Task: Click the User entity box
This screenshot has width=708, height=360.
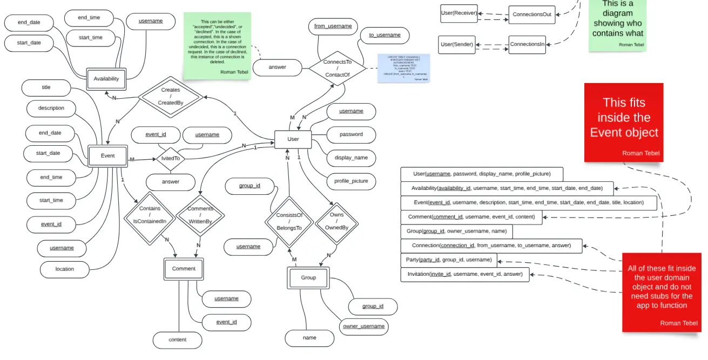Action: [x=293, y=139]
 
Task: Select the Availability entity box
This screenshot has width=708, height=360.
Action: [x=106, y=79]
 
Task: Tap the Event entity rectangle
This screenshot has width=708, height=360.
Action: [x=107, y=156]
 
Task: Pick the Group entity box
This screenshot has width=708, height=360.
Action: [x=308, y=278]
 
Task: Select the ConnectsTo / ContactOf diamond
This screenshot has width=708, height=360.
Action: [x=337, y=69]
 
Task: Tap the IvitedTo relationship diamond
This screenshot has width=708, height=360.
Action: [x=171, y=159]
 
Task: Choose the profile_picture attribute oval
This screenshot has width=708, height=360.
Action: [x=351, y=181]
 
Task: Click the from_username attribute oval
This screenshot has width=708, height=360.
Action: [x=333, y=26]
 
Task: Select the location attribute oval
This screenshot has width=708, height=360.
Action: [x=65, y=269]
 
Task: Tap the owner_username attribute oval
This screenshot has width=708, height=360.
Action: [x=364, y=327]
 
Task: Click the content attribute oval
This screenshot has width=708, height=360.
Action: [x=178, y=340]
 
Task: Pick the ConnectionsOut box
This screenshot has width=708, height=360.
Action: [x=532, y=15]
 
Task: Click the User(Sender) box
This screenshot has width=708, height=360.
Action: [x=457, y=44]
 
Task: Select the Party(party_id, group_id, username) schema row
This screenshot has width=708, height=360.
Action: [x=449, y=260]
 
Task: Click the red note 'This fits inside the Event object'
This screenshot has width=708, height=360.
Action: [x=624, y=122]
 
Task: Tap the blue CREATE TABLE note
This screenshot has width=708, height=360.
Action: [x=403, y=69]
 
